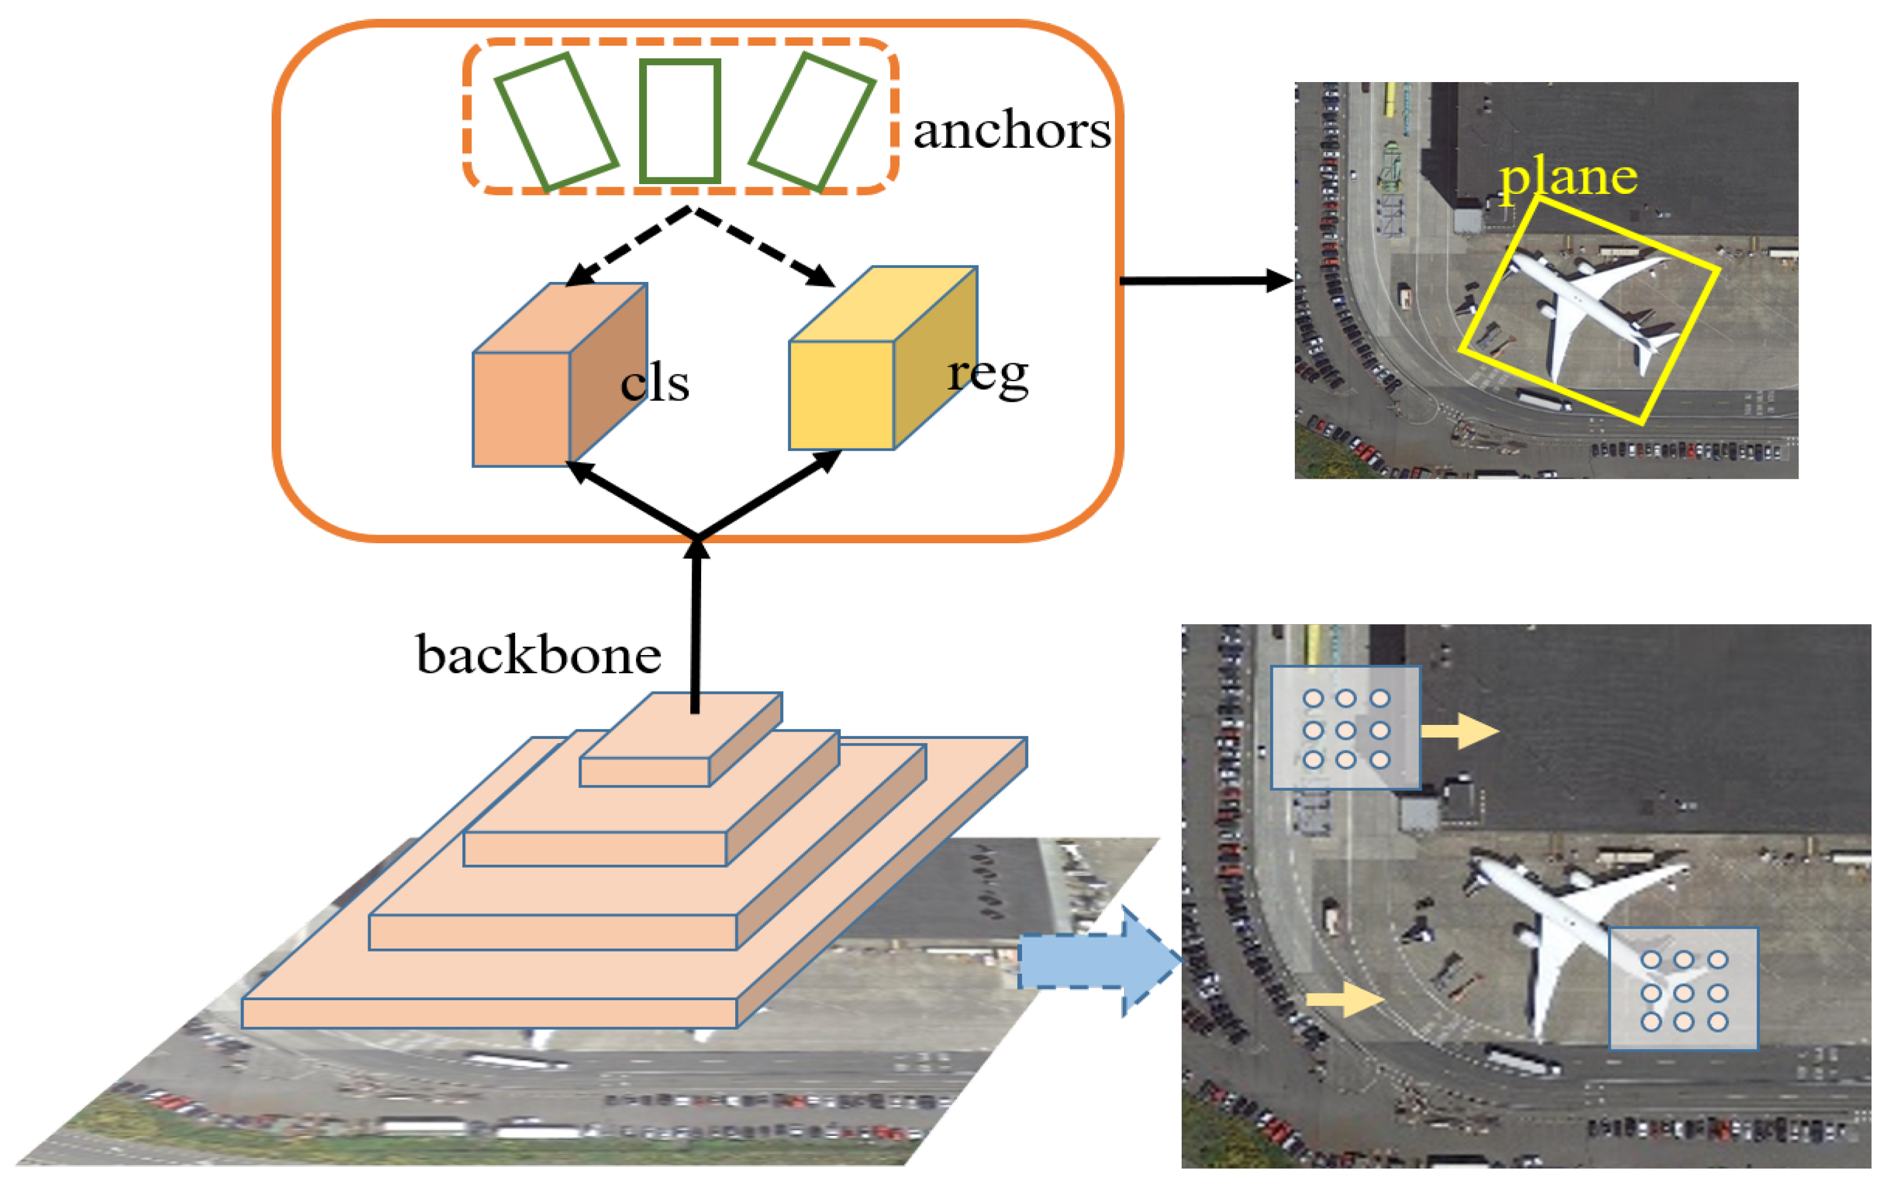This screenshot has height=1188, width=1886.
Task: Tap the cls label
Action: pyautogui.click(x=655, y=383)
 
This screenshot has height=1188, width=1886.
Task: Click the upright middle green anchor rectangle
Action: pyautogui.click(x=679, y=122)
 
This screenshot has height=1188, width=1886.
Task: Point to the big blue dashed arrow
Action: pyautogui.click(x=1097, y=962)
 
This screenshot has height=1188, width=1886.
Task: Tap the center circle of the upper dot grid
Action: pyautogui.click(x=1346, y=730)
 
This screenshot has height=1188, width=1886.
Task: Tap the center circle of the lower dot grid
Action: pyautogui.click(x=1684, y=993)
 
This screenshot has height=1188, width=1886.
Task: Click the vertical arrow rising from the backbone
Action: pyautogui.click(x=696, y=627)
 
